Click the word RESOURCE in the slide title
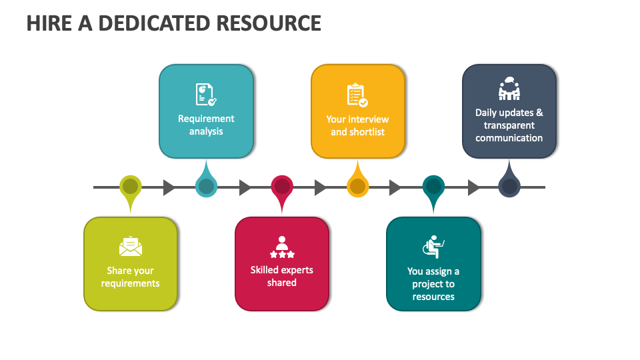click(x=269, y=23)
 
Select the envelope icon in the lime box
click(x=131, y=247)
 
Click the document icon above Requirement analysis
click(x=205, y=95)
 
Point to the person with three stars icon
click(x=282, y=247)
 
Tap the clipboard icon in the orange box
click(x=357, y=95)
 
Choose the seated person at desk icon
click(x=433, y=247)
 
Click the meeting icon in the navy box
click(x=509, y=89)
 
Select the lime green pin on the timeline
click(x=131, y=187)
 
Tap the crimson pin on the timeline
click(x=282, y=187)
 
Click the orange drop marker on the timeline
click(x=358, y=187)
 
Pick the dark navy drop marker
click(x=509, y=187)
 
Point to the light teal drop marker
click(x=206, y=187)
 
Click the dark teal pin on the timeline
click(x=433, y=187)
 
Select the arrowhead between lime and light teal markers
click(x=169, y=187)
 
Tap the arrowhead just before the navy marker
click(x=473, y=187)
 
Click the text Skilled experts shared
click(x=282, y=277)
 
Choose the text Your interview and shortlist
click(x=357, y=125)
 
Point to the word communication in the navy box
click(x=509, y=138)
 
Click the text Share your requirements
click(x=131, y=277)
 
